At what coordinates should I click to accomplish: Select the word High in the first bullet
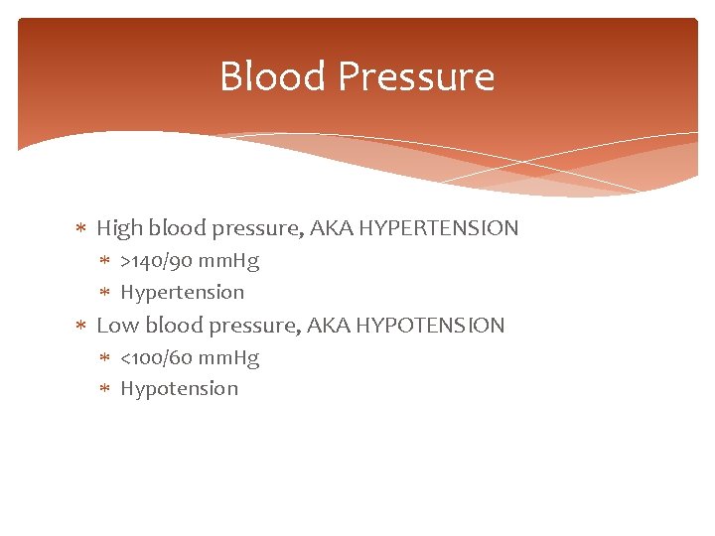point(118,228)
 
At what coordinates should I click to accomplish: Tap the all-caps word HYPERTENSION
point(439,228)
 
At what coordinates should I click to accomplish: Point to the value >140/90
point(156,261)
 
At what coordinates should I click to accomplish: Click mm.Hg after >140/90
point(227,261)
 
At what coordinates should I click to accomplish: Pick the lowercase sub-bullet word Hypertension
point(182,292)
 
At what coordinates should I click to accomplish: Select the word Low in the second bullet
point(117,325)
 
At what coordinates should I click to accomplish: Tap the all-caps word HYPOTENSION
point(430,325)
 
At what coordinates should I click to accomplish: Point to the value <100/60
point(156,357)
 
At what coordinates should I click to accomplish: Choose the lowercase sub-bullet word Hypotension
point(179,388)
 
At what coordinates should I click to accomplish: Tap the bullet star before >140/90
point(106,262)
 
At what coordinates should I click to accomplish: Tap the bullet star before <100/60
point(106,358)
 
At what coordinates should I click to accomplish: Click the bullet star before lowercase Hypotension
point(106,389)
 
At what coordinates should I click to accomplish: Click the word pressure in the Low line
point(248,326)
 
